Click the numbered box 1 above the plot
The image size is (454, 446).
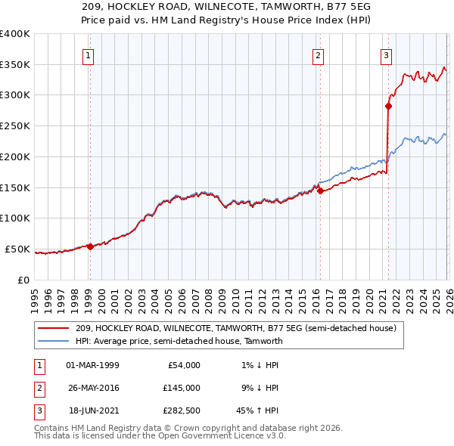(x=89, y=54)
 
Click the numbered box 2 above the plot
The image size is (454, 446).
(x=319, y=54)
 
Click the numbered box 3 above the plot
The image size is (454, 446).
(x=386, y=54)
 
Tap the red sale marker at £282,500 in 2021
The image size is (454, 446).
(x=388, y=107)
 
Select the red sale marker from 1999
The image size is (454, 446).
(x=90, y=246)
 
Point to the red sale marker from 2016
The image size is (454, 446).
(x=319, y=190)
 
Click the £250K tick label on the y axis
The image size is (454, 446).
(x=15, y=126)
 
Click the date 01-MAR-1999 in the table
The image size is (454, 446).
(x=92, y=365)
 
